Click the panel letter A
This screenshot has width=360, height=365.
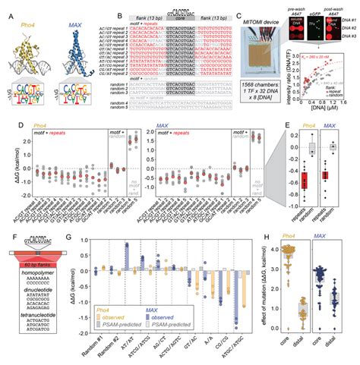(x=6, y=7)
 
